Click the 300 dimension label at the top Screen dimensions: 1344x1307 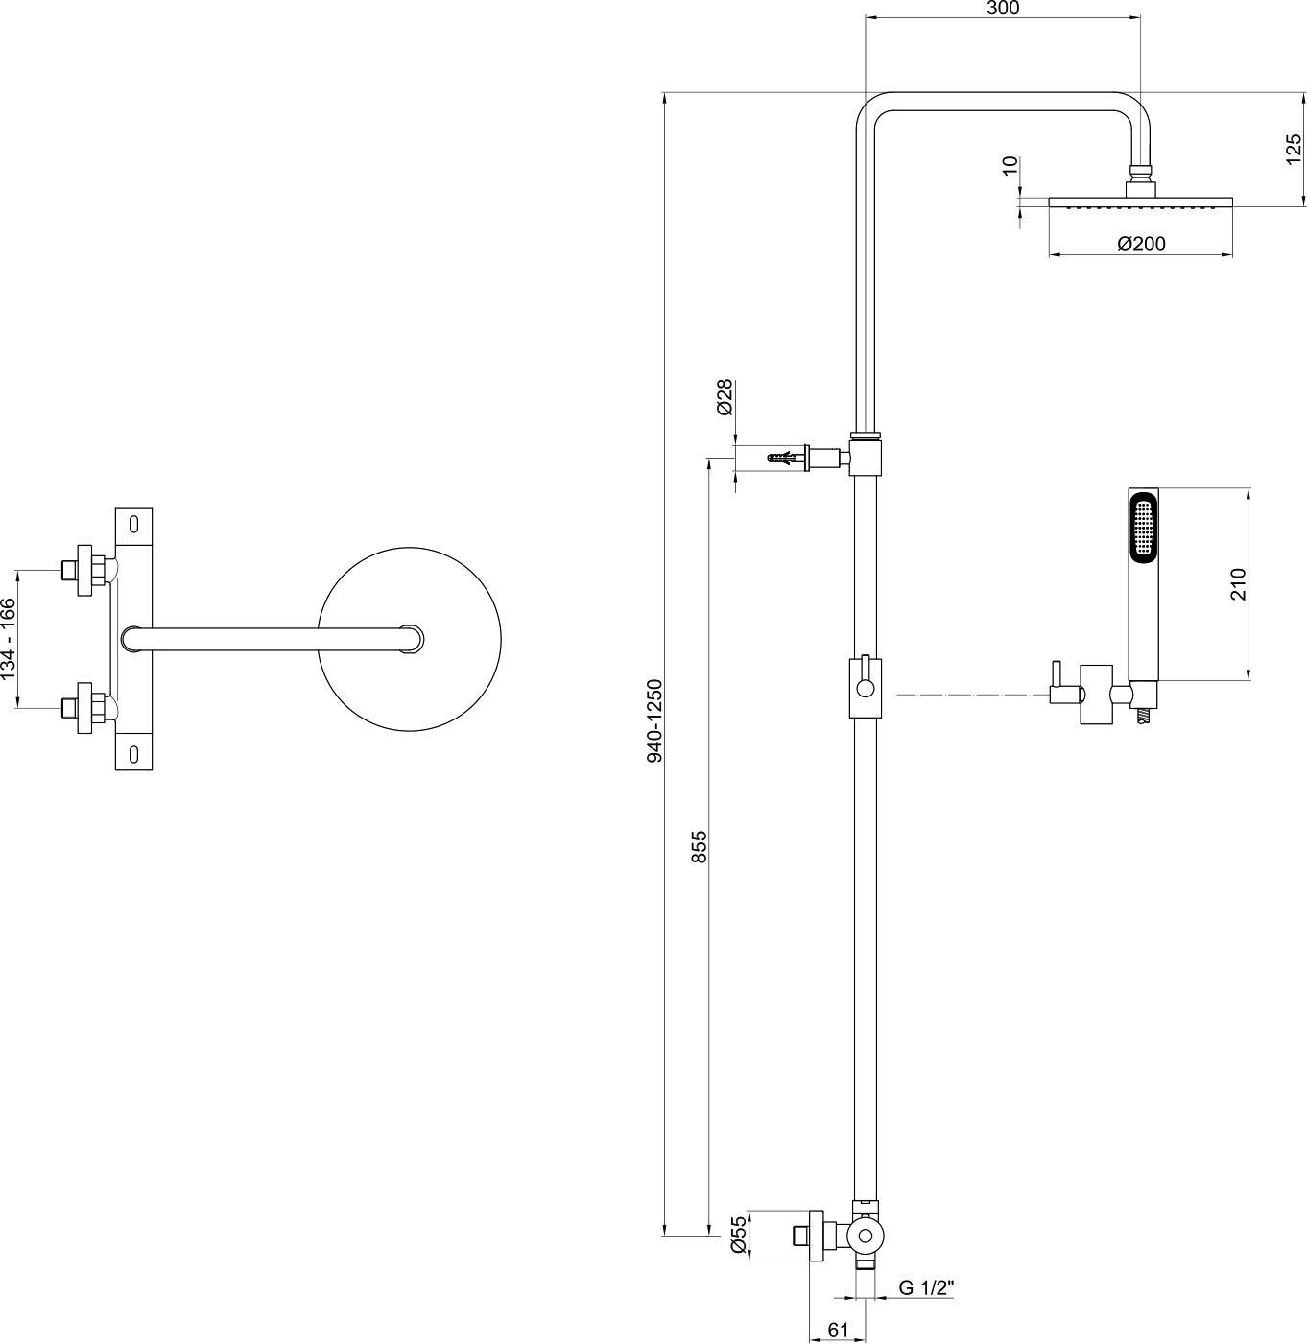[1003, 9]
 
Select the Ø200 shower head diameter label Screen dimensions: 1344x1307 [1141, 244]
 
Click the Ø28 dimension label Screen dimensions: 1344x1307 [725, 396]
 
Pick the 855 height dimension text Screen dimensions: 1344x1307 [699, 846]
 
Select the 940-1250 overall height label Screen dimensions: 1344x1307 [655, 720]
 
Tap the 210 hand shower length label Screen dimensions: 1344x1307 [1237, 584]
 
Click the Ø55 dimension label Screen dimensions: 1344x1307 [738, 1234]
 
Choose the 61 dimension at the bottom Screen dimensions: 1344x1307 [838, 1330]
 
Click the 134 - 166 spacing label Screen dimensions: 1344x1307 [9, 639]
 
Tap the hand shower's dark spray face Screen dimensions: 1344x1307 [1143, 527]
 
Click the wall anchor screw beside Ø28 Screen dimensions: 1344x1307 [787, 459]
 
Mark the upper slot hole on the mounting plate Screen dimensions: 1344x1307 [133, 524]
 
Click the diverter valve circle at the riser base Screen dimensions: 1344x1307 [866, 1235]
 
